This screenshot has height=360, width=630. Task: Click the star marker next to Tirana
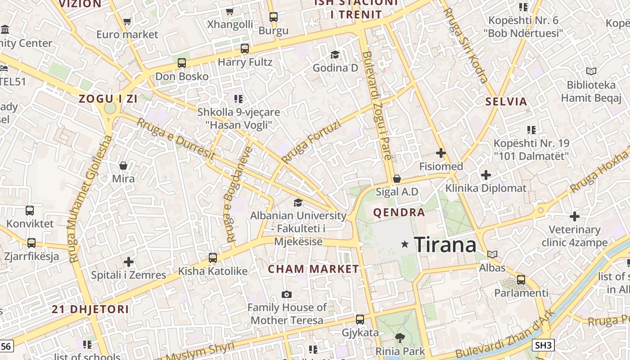tap(405, 244)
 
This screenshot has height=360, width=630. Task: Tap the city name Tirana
tap(445, 245)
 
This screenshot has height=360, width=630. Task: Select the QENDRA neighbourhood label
tap(399, 212)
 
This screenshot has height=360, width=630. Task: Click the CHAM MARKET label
tap(314, 269)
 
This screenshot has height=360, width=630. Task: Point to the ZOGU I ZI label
tap(108, 99)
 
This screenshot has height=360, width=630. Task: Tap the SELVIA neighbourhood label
tap(506, 101)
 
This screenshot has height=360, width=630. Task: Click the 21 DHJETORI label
tap(90, 309)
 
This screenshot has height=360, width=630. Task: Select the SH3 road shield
tap(543, 345)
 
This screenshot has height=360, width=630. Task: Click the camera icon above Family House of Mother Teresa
tap(287, 294)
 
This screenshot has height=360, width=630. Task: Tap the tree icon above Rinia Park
tap(400, 337)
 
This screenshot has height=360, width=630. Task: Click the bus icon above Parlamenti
tap(521, 279)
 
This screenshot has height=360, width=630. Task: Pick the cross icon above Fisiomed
tap(441, 153)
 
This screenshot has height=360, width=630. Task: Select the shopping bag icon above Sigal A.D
tap(396, 179)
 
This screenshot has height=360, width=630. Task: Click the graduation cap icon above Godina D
tap(335, 54)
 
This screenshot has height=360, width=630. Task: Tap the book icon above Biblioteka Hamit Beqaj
tap(591, 71)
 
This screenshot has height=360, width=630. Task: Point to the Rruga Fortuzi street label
tap(311, 141)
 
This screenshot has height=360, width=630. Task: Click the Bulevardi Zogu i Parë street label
tap(378, 106)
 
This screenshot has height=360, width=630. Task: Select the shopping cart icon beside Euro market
tap(127, 21)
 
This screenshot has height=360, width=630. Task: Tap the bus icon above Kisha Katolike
tap(213, 258)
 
